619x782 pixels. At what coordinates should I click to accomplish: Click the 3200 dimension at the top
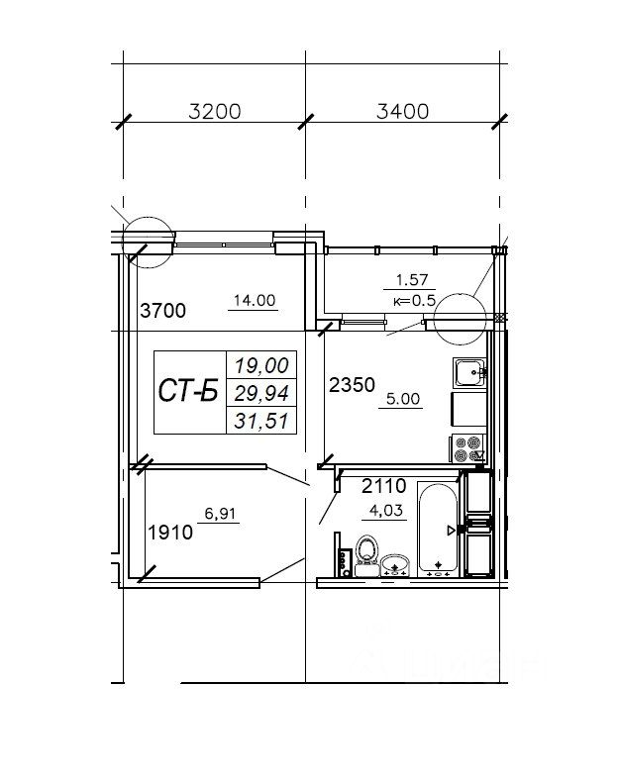point(215,111)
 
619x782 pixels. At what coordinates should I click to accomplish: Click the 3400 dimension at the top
point(402,111)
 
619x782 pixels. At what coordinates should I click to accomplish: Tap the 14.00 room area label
point(255,300)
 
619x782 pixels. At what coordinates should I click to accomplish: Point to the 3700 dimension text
point(163,310)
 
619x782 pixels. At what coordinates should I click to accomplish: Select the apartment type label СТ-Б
point(188,390)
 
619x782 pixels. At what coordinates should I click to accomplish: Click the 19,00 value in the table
point(261,365)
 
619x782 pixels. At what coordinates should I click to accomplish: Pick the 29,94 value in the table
point(261,394)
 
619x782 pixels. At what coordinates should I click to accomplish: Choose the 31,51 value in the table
point(261,422)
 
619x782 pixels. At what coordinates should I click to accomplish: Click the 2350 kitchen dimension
point(353,384)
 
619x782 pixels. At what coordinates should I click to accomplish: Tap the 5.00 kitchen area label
point(403,399)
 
